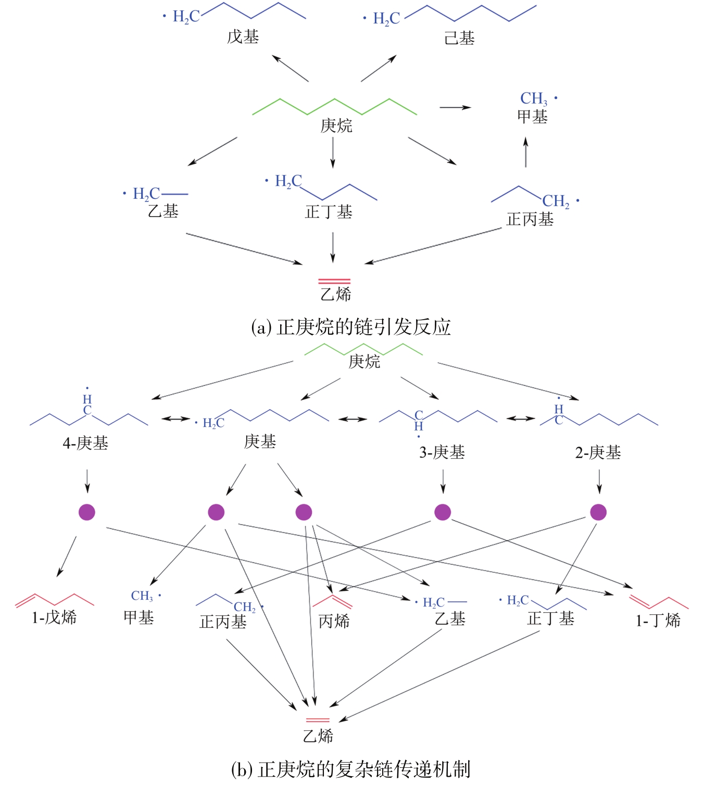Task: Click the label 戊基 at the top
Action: coord(243,37)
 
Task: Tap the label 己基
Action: coord(459,38)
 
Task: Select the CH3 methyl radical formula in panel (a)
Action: coord(534,98)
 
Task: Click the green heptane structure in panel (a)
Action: coord(334,106)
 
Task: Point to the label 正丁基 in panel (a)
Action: coord(329,212)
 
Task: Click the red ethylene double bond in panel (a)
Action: coord(334,282)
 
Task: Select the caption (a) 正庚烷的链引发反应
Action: coord(351,327)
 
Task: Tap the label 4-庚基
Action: coord(85,443)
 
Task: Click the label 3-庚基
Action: coord(442,452)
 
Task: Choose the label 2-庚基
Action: coord(598,452)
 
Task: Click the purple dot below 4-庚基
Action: coord(87,512)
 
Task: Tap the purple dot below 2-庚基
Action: coord(598,512)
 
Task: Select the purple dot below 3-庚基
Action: coord(443,512)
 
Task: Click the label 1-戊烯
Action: coord(54,617)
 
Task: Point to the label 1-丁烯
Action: coord(658,620)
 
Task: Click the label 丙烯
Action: coord(334,621)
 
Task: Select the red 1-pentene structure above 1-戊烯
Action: coord(55,600)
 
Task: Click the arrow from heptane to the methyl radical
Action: coord(455,108)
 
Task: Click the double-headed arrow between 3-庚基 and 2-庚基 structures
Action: coord(521,418)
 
